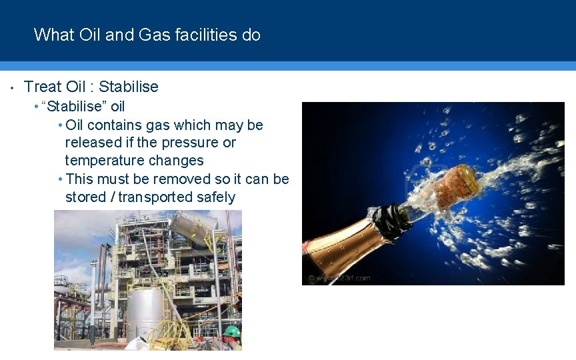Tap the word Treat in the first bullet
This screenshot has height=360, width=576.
(43, 87)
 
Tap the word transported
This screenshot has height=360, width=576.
(155, 197)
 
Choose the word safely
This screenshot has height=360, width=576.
(216, 197)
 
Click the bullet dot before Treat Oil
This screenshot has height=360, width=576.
(12, 87)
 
